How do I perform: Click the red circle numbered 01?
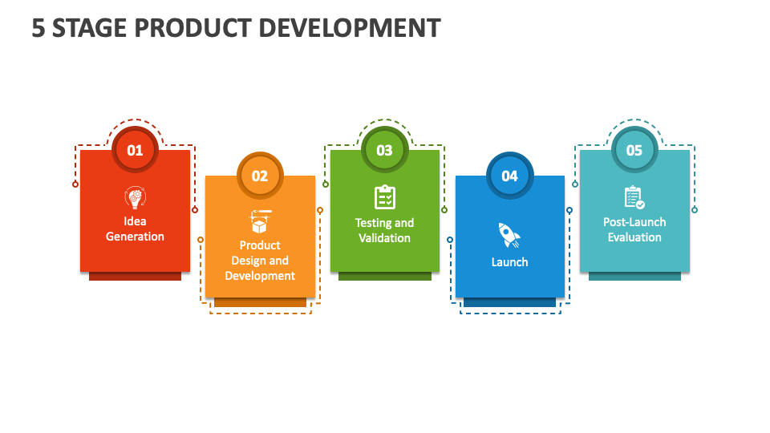(135, 150)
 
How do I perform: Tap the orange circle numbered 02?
(260, 176)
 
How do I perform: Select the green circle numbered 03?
(384, 150)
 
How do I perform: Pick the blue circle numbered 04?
(509, 176)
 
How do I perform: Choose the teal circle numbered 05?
(634, 150)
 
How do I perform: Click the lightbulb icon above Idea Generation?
(135, 197)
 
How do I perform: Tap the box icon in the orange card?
(260, 222)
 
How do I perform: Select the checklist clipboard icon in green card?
(384, 197)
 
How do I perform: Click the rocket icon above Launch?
(509, 234)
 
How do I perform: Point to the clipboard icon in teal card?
(634, 197)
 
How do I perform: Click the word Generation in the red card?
(135, 237)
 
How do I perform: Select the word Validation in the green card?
(384, 238)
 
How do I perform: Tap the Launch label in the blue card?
(509, 262)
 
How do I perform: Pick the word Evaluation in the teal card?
(634, 237)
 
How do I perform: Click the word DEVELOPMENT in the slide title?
(353, 28)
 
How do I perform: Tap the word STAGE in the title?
(83, 28)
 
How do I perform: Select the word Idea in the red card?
(135, 221)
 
